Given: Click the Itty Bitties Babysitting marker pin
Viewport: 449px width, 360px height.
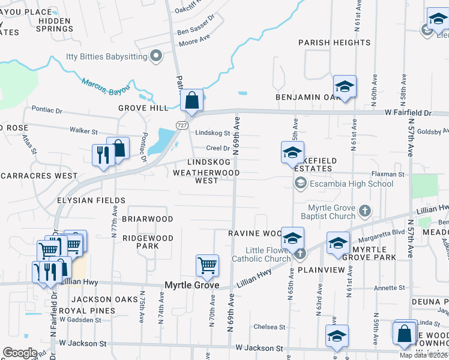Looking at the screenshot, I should coord(156,58).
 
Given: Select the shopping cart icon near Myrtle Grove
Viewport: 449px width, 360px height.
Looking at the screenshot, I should coord(207,265).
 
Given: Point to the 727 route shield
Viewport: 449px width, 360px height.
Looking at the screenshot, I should coord(181,124).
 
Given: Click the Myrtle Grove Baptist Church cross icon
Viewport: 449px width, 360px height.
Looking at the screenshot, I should coord(365,211).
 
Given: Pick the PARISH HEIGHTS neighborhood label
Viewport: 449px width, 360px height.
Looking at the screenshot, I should coord(328,43).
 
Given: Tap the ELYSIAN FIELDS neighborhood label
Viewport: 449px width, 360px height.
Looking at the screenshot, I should coord(91,200).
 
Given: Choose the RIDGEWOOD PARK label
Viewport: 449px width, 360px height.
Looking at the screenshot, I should coord(148,242).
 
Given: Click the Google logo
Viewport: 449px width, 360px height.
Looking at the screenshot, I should coord(20,352).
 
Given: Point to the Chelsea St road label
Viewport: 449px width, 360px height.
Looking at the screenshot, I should coord(269,327).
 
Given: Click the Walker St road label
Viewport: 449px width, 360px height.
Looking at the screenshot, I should coord(83,130).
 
